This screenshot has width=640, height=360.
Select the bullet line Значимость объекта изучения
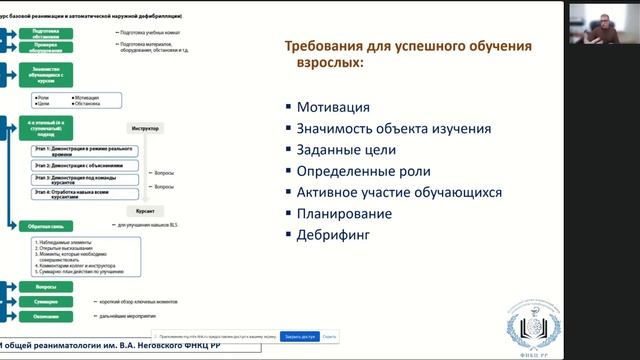[x=393, y=128]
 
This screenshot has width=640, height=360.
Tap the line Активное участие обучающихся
[x=399, y=192]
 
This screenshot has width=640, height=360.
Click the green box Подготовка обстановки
[x=39, y=33]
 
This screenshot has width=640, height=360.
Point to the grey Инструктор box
[x=146, y=129]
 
